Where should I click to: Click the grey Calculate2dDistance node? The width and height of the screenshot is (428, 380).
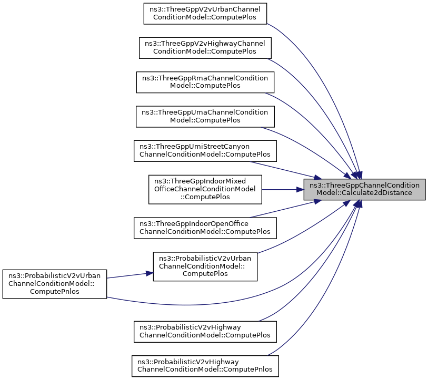364,189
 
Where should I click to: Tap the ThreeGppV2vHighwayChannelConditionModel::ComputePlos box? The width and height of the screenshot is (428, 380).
205,47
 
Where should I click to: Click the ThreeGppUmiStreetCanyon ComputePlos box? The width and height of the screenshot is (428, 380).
205,150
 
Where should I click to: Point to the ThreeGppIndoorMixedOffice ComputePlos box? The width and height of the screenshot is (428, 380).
205,189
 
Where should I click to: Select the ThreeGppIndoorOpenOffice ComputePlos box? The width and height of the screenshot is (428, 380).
205,228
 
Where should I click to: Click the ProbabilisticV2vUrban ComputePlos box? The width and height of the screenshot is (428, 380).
205,266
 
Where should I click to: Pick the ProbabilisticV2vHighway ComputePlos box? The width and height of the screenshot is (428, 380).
205,331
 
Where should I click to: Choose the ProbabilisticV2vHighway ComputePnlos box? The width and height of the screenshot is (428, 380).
205,366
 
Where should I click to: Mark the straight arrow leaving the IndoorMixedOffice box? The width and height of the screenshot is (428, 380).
282,189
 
